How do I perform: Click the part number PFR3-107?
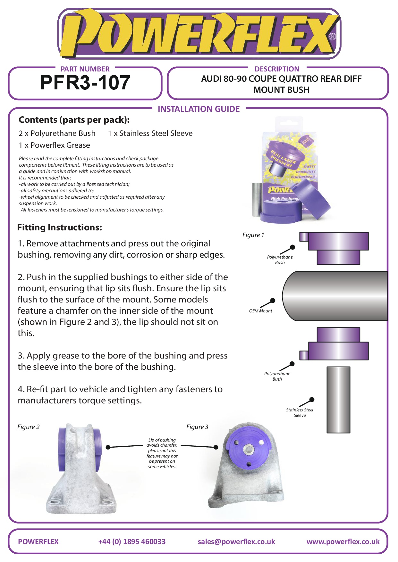[85, 83]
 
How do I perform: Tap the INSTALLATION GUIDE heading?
[199, 109]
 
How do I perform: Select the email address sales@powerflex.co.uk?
[236, 541]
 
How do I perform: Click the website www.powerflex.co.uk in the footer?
[343, 541]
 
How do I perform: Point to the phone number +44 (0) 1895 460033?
[132, 541]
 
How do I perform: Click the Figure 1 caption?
[253, 235]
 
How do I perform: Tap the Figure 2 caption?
[29, 427]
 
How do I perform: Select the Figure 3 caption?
[197, 427]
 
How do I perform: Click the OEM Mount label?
[260, 311]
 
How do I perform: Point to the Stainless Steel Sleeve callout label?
[300, 412]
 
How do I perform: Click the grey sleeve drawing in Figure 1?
[338, 400]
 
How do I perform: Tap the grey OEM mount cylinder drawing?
[335, 296]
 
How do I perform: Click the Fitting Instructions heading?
[60, 227]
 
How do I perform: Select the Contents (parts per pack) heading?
[74, 120]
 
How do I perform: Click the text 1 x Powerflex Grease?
[54, 145]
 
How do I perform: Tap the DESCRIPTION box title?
[277, 69]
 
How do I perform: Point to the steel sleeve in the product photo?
[257, 199]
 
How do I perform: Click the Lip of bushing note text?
[162, 453]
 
